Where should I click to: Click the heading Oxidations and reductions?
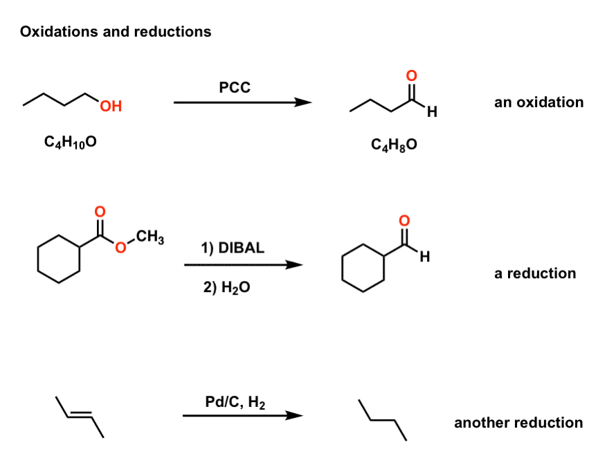tap(116, 32)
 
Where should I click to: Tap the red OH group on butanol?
tap(110, 107)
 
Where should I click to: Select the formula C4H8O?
tap(394, 146)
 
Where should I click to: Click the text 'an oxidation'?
tap(538, 102)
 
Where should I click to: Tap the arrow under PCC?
tap(242, 102)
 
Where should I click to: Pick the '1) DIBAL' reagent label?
tap(233, 248)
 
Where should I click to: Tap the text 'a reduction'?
tap(534, 273)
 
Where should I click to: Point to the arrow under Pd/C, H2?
tap(242, 416)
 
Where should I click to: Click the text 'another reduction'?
tap(518, 423)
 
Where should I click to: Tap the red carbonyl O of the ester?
tap(100, 210)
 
